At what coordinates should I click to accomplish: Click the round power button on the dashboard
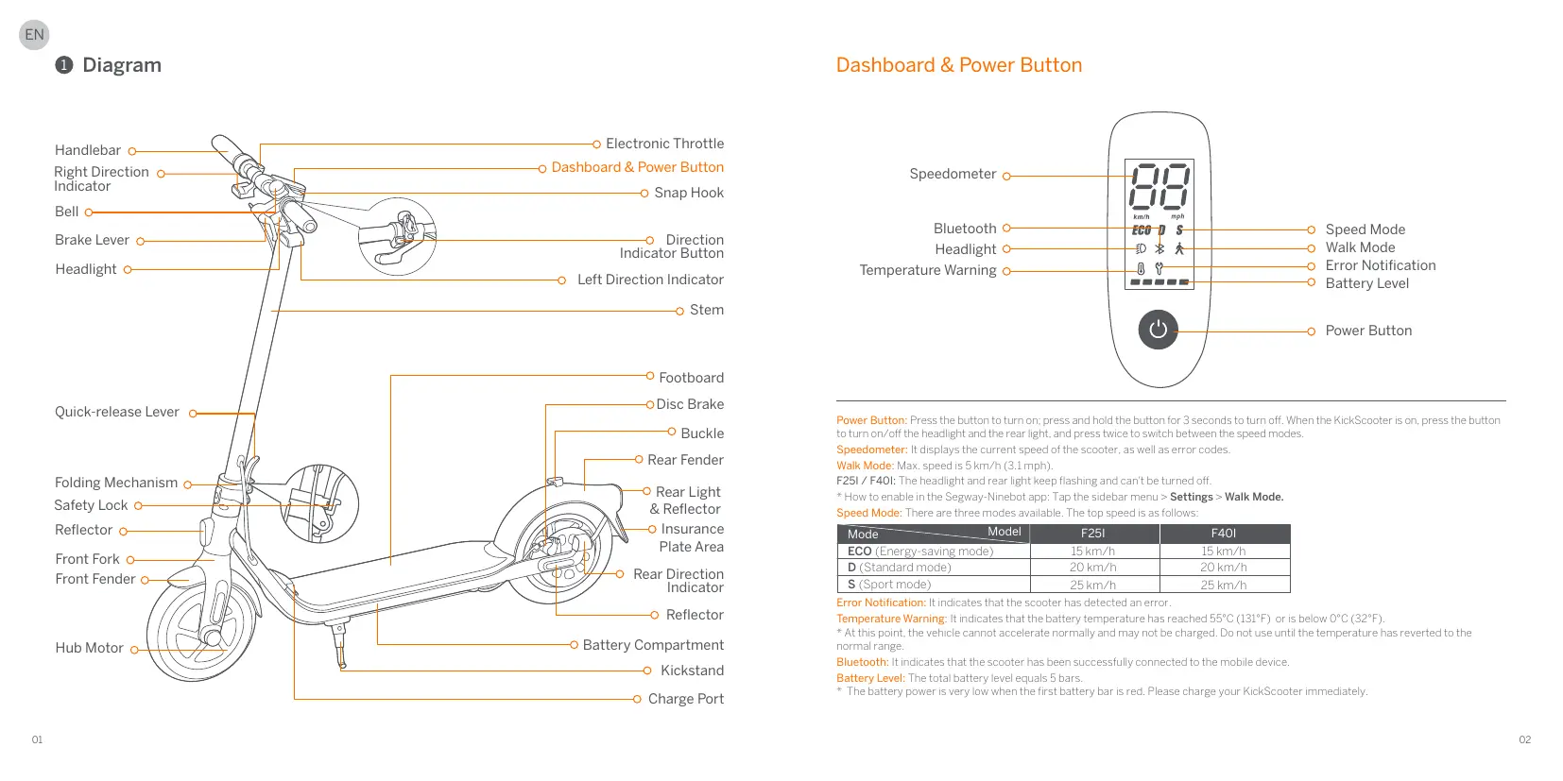click(x=1158, y=330)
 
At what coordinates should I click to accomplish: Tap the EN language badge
click(x=34, y=35)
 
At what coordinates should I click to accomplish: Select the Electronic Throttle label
click(x=664, y=144)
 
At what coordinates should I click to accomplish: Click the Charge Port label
click(x=685, y=699)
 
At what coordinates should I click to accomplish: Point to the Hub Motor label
click(x=89, y=648)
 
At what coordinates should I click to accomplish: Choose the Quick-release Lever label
click(x=116, y=412)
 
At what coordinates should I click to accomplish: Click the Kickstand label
click(x=692, y=671)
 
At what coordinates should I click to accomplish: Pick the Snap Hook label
click(x=689, y=193)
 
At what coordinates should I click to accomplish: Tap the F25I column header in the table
click(x=1093, y=534)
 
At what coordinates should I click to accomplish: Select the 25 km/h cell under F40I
click(x=1224, y=585)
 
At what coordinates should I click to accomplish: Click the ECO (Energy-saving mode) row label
click(x=920, y=552)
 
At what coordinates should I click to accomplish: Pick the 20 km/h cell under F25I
click(x=1093, y=568)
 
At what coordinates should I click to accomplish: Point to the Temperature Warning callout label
click(x=927, y=270)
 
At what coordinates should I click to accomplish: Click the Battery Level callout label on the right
click(x=1366, y=283)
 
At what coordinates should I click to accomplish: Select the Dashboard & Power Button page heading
click(x=958, y=65)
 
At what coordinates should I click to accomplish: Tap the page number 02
click(x=1524, y=739)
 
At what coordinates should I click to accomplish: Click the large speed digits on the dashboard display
click(x=1159, y=187)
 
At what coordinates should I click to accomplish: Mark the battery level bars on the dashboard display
click(x=1159, y=281)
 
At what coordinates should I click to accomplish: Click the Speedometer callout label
click(x=953, y=174)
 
